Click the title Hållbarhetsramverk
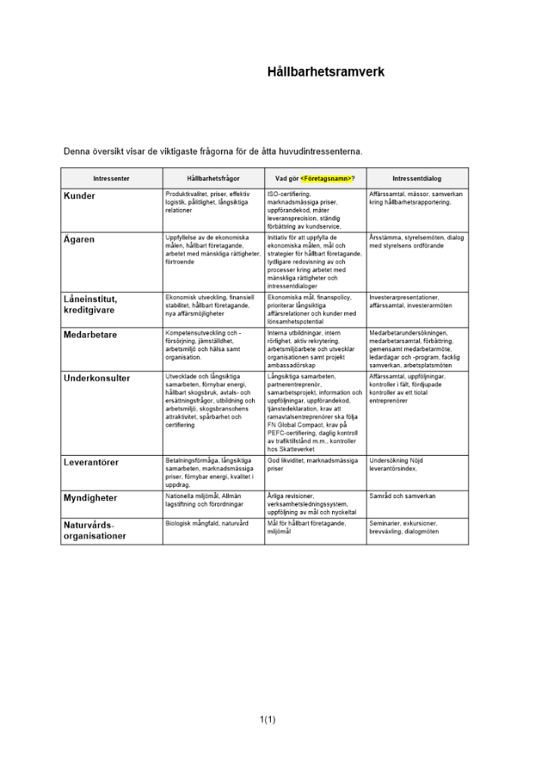(x=325, y=73)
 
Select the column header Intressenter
(x=111, y=179)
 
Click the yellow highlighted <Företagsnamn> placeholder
(x=325, y=179)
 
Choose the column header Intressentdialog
(x=416, y=179)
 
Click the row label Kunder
(x=79, y=196)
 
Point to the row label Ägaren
(x=79, y=239)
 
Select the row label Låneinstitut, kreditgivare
(x=90, y=304)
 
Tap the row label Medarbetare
(x=90, y=335)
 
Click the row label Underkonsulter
(x=97, y=378)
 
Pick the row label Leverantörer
(x=91, y=462)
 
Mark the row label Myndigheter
(x=90, y=498)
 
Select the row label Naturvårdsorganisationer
(x=95, y=530)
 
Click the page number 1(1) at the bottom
(x=267, y=719)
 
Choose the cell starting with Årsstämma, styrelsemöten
(x=416, y=241)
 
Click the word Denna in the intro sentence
(x=77, y=151)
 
